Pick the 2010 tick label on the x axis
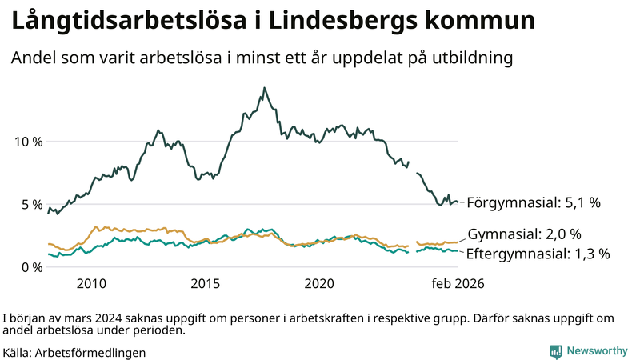pyautogui.click(x=91, y=284)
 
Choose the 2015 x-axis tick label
pyautogui.click(x=206, y=284)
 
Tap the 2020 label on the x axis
pyautogui.click(x=320, y=284)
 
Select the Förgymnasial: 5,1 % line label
pyautogui.click(x=534, y=203)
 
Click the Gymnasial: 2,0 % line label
pyautogui.click(x=524, y=234)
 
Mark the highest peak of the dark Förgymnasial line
pyautogui.click(x=264, y=88)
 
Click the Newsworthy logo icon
pyautogui.click(x=555, y=351)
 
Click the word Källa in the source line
pyautogui.click(x=17, y=352)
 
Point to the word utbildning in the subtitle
pyautogui.click(x=472, y=58)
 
